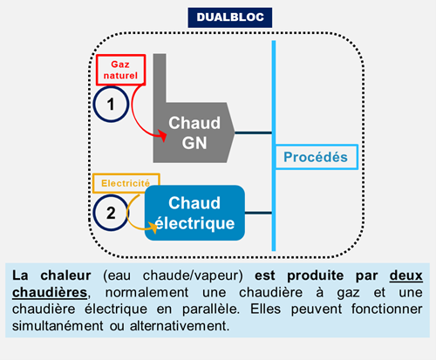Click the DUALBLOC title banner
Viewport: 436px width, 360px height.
coord(230,17)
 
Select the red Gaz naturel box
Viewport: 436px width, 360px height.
coord(120,70)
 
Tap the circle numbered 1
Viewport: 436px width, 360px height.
coord(111,104)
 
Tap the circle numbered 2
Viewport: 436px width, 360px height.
coord(111,213)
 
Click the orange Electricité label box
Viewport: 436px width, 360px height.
coord(126,183)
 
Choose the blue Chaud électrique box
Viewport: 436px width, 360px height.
coord(194,213)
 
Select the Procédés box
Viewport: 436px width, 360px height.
coord(317,157)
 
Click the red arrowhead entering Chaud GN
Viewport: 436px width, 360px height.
coord(162,136)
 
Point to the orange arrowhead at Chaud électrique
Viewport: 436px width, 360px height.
coord(153,228)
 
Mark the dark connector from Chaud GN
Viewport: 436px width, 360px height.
coord(253,132)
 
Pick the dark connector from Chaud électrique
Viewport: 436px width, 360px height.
coord(258,213)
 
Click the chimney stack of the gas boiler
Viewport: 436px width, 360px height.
coord(160,78)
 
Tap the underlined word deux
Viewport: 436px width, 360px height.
coord(406,275)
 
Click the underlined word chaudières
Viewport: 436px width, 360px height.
coord(50,292)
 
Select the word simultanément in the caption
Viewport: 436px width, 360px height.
coord(58,326)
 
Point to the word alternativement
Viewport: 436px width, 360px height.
coord(180,326)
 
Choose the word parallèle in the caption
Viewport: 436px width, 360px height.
coord(211,309)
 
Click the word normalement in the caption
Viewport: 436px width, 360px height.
coord(146,292)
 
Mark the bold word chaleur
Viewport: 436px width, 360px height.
coord(65,275)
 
